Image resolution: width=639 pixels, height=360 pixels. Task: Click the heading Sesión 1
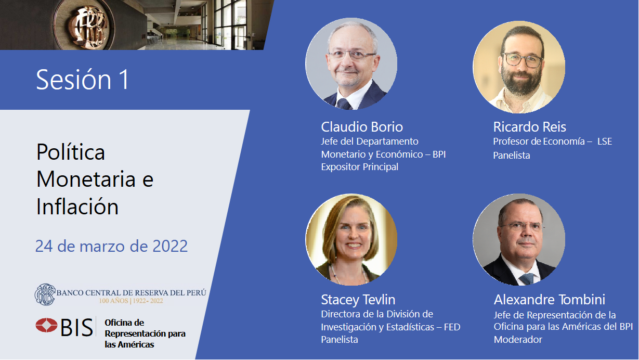[83, 80]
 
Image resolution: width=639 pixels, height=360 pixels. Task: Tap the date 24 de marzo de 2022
[111, 246]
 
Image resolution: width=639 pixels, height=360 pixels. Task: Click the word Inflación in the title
[77, 206]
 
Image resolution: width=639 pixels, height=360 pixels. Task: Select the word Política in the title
[71, 151]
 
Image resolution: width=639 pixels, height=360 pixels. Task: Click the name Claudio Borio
[362, 127]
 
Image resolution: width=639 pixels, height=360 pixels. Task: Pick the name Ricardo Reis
[529, 127]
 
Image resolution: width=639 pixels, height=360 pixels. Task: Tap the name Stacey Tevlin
[358, 300]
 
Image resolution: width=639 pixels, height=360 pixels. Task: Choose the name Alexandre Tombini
[550, 300]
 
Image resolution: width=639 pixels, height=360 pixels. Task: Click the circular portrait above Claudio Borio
[351, 64]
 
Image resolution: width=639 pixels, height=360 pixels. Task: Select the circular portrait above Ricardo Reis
[519, 67]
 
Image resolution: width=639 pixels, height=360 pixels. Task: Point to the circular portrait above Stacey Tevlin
[351, 239]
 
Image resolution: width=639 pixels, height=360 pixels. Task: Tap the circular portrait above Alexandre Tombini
[519, 239]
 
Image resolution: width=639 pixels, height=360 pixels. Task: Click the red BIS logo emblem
[46, 325]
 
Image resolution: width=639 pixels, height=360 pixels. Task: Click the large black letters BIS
[76, 327]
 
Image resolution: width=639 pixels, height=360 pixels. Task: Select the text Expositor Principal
[359, 166]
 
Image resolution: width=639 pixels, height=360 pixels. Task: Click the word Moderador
[518, 339]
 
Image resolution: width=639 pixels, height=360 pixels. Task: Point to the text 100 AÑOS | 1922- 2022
[131, 301]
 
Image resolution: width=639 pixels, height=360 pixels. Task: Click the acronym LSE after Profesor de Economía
[605, 142]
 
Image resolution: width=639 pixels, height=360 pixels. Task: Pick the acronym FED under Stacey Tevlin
[452, 327]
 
